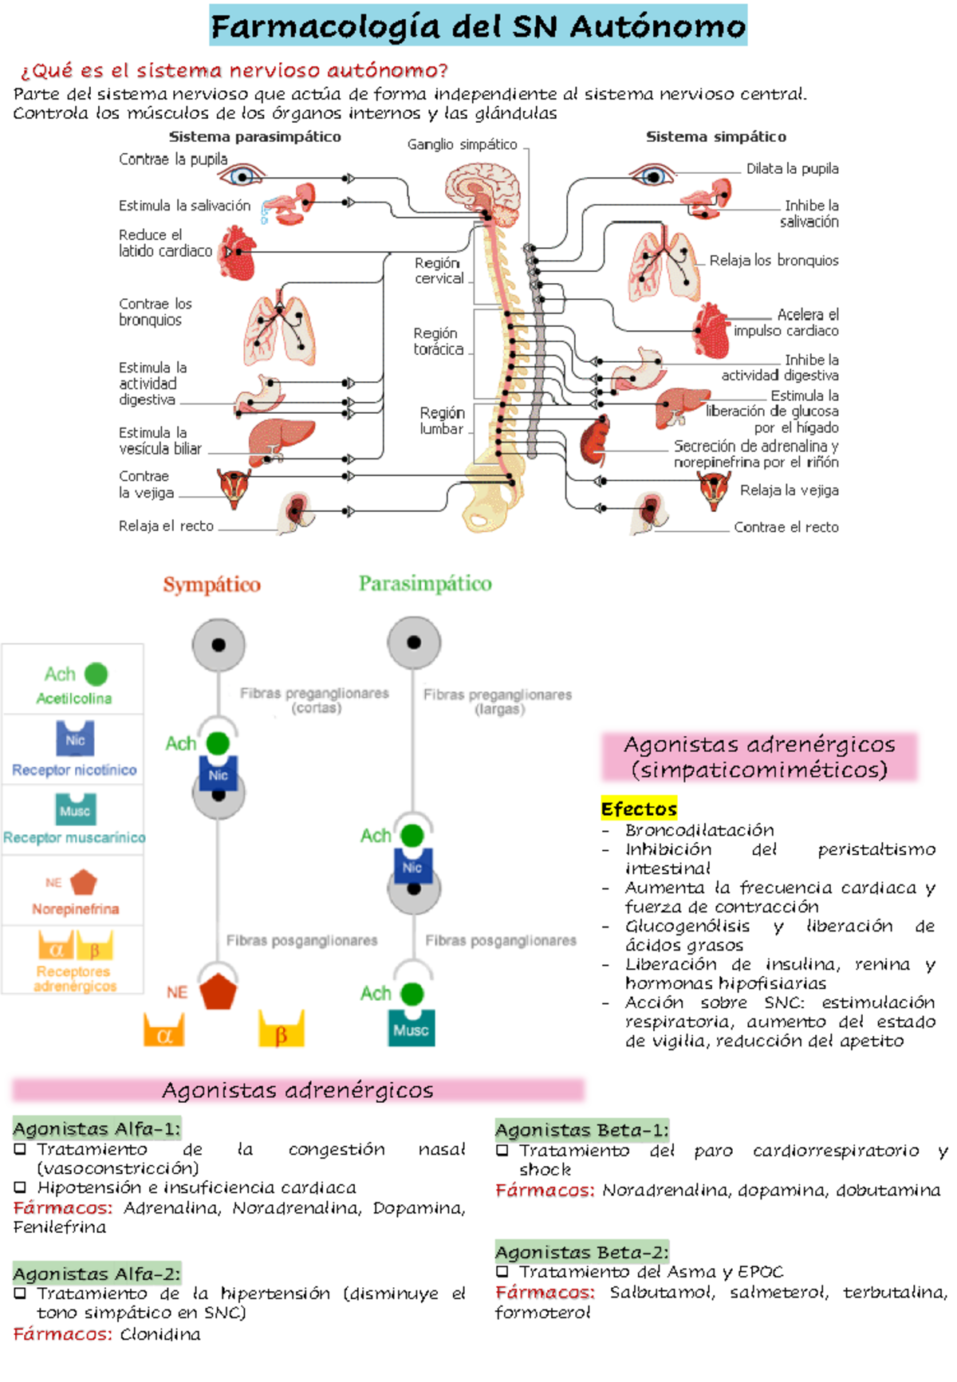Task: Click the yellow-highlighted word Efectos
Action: [639, 809]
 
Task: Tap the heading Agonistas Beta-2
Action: [582, 1251]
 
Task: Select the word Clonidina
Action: [160, 1334]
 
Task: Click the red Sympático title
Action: [212, 585]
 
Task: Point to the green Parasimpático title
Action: [425, 584]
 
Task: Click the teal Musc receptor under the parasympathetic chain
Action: [412, 1028]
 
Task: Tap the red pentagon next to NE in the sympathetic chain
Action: [218, 991]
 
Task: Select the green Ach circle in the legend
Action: [96, 675]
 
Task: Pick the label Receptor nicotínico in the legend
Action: [74, 770]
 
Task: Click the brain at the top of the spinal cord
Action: [483, 188]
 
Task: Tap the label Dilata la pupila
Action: [792, 168]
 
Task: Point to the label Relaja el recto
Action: [166, 526]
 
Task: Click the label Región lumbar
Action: [442, 420]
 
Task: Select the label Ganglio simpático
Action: [463, 144]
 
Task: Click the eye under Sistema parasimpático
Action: [243, 174]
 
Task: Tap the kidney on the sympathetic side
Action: [595, 439]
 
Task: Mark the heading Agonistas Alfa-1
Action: [97, 1128]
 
